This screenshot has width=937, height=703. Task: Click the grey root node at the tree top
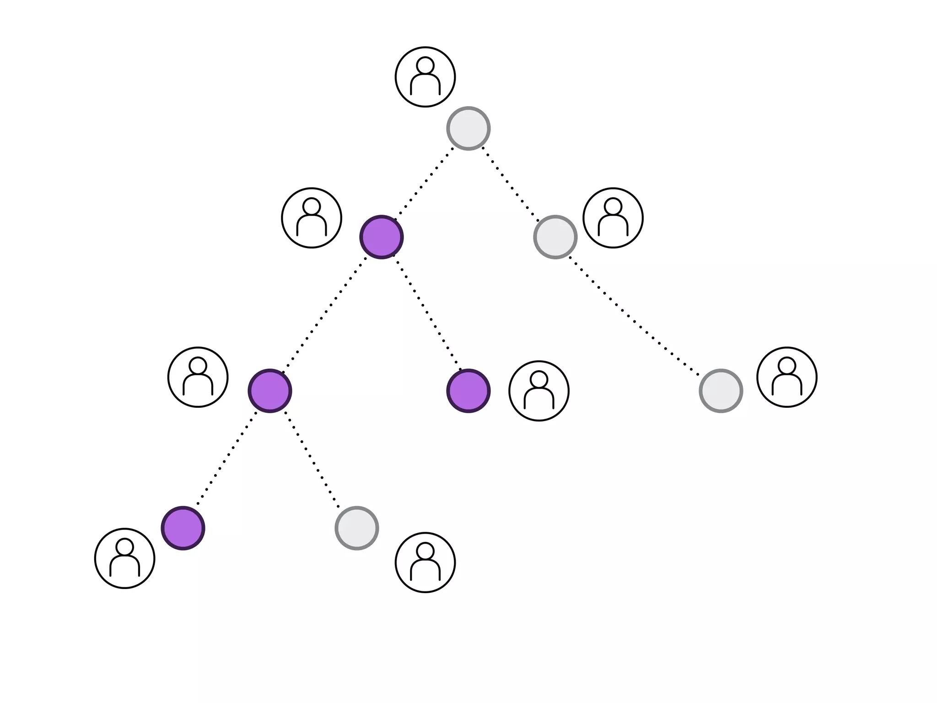pyautogui.click(x=468, y=129)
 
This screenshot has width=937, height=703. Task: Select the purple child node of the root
pyautogui.click(x=381, y=237)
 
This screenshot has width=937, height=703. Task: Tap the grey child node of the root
pyautogui.click(x=555, y=237)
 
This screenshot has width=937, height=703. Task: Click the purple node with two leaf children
pyautogui.click(x=270, y=391)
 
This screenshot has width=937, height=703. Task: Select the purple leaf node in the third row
pyautogui.click(x=468, y=391)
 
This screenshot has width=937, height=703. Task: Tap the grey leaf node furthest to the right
pyautogui.click(x=721, y=391)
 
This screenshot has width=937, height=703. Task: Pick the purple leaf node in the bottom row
pyautogui.click(x=183, y=528)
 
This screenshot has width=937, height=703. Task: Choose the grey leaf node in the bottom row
pyautogui.click(x=357, y=528)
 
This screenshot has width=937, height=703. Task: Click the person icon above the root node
pyautogui.click(x=425, y=77)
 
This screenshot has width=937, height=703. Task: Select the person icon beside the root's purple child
pyautogui.click(x=312, y=218)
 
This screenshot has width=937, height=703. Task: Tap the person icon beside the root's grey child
pyautogui.click(x=613, y=218)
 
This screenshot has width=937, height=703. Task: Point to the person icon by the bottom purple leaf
pyautogui.click(x=125, y=558)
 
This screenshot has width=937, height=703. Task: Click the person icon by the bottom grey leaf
pyautogui.click(x=425, y=562)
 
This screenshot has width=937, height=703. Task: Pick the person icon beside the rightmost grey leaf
pyautogui.click(x=787, y=377)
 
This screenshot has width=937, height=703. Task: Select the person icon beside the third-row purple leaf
pyautogui.click(x=539, y=391)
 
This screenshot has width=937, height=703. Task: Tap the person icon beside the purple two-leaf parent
pyautogui.click(x=198, y=377)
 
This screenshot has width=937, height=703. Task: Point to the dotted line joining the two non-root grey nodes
pyautogui.click(x=636, y=316)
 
